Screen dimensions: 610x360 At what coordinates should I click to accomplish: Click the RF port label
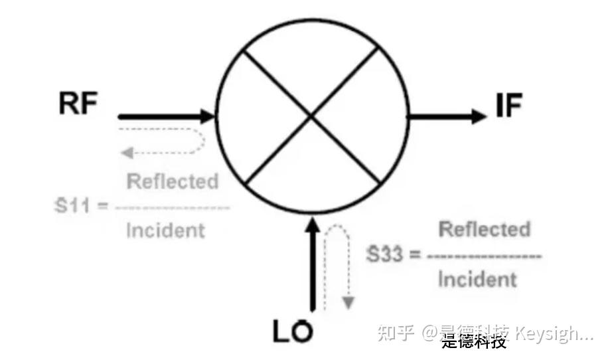point(78,104)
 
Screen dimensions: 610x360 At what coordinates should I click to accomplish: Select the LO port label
point(293,330)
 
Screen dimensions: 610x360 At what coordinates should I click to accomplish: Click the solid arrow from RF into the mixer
point(166,117)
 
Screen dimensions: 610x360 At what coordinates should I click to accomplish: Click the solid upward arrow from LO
point(310,266)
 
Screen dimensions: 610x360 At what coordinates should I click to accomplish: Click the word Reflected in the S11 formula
point(172,181)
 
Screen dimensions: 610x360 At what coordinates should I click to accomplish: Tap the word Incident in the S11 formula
point(165,230)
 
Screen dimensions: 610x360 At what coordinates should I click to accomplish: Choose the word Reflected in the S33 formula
point(485,230)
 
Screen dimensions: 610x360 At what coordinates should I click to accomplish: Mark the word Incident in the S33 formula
point(477,279)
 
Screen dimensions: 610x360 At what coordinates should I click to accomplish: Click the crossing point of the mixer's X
point(311,117)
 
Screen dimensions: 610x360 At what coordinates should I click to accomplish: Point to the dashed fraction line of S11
point(172,207)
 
